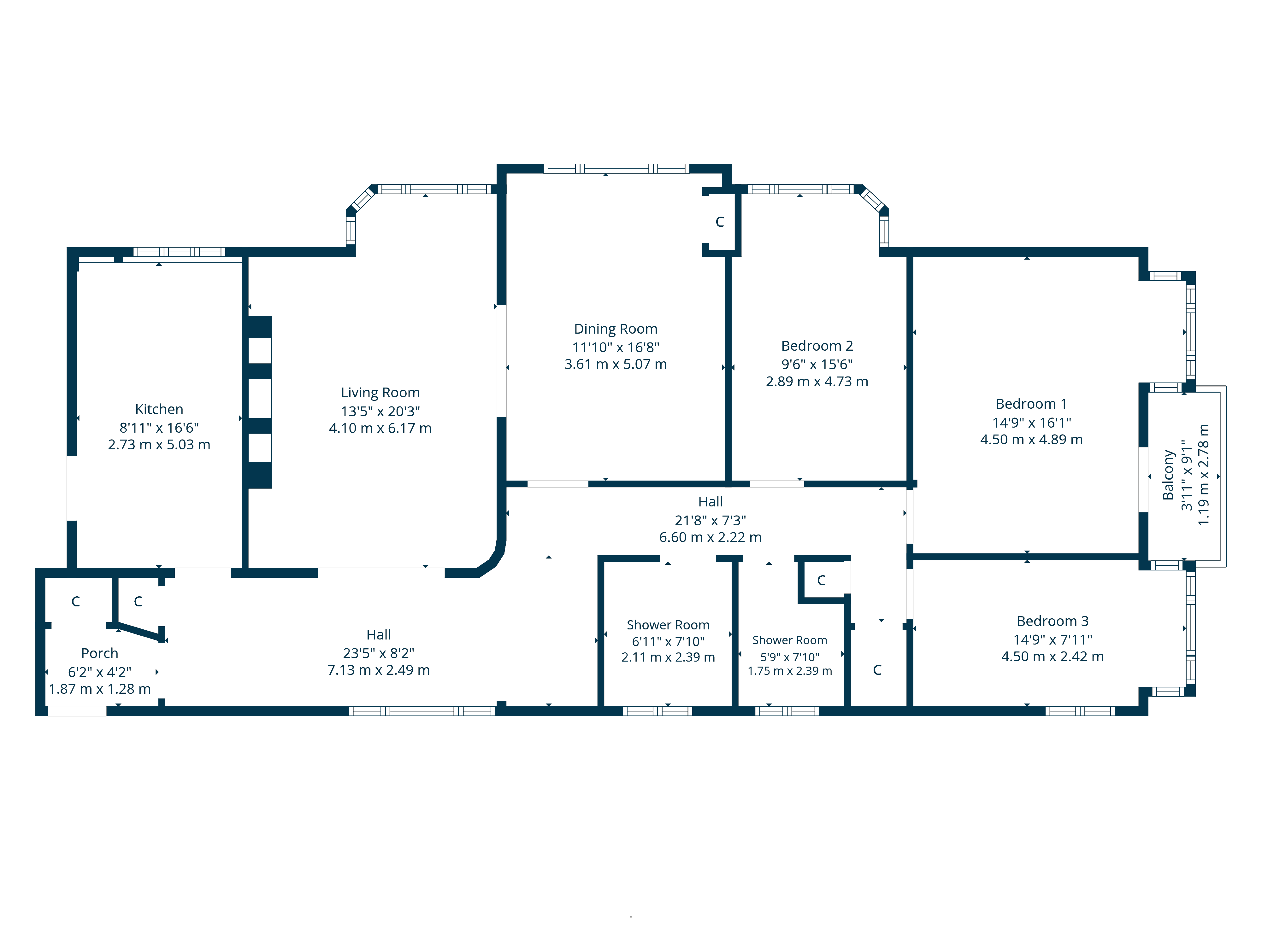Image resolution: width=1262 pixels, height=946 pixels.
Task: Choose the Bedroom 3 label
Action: pos(1052,621)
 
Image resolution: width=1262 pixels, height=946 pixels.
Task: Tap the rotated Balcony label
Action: pos(1168,475)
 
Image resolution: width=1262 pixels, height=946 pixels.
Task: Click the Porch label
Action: pos(99,653)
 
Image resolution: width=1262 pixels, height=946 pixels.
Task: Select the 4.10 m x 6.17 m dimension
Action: pos(380,428)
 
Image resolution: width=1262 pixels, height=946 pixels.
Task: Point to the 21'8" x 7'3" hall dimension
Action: pos(710,520)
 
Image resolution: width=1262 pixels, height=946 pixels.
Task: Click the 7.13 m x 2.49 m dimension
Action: pos(378,670)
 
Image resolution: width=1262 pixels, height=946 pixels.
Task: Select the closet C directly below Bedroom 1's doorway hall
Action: pos(877,670)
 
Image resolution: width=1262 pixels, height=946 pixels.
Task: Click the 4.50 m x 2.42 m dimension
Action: pos(1052,656)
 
